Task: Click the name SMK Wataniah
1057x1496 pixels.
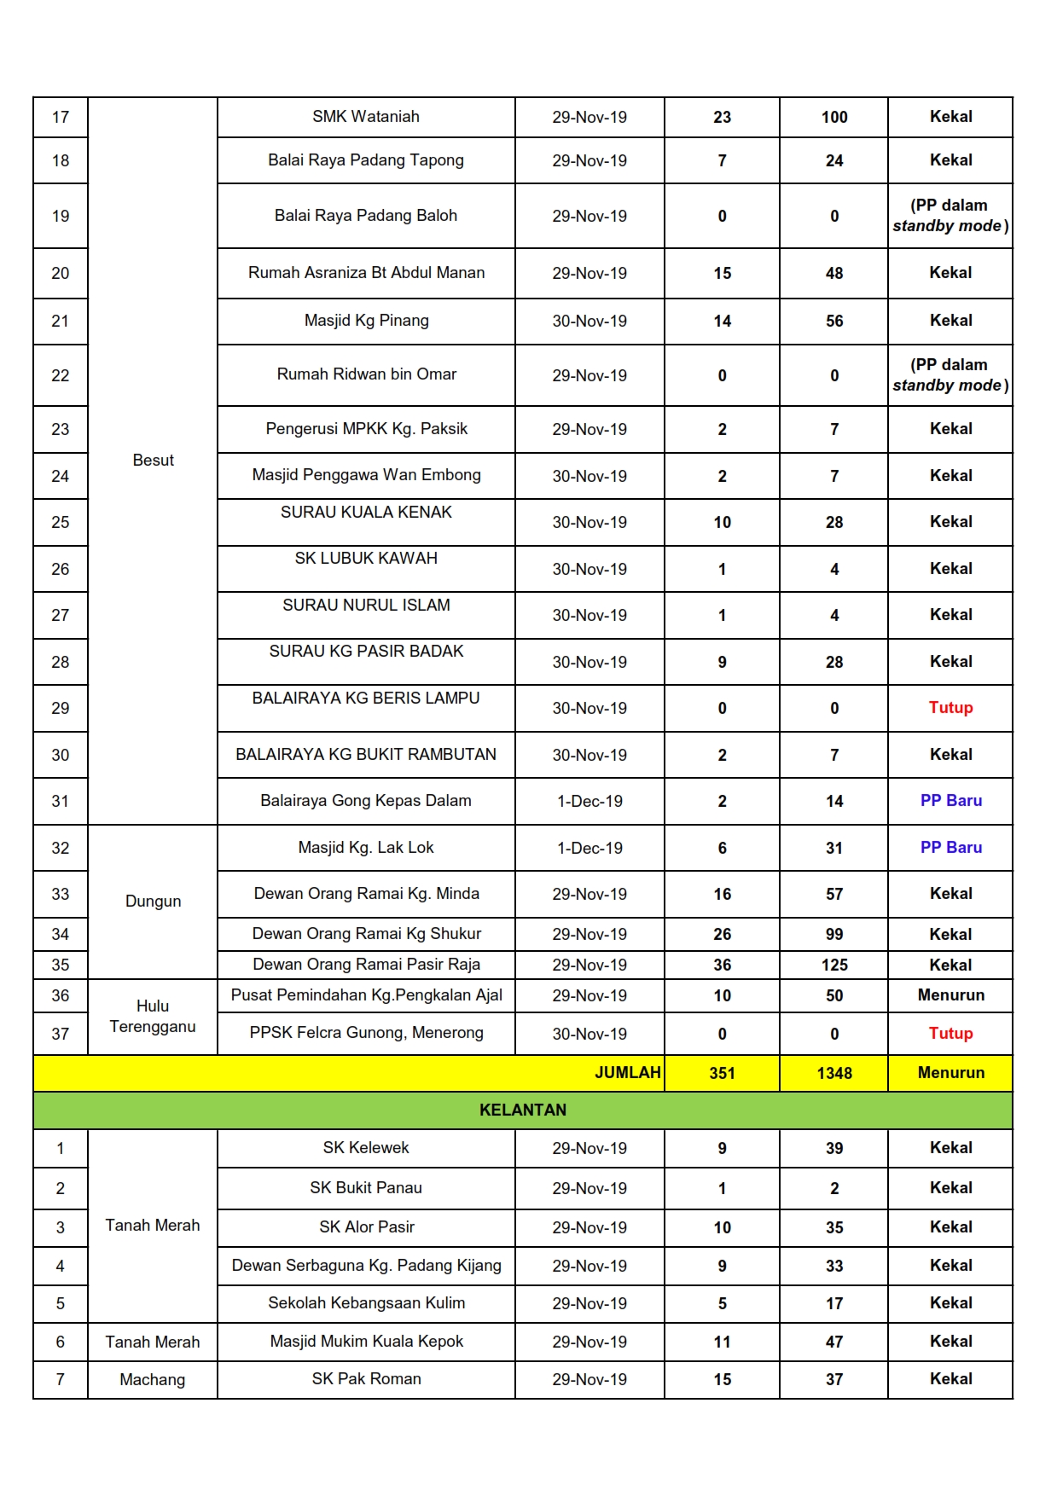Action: click(365, 117)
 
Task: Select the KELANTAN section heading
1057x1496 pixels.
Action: click(522, 1110)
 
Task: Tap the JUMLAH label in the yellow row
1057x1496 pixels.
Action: click(627, 1073)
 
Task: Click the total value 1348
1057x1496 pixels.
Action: click(833, 1073)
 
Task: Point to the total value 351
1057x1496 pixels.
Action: click(722, 1073)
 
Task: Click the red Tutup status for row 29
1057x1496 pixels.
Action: click(950, 708)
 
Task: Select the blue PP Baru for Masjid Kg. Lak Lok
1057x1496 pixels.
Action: click(950, 848)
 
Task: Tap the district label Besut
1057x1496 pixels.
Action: click(153, 461)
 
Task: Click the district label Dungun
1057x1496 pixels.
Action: click(153, 902)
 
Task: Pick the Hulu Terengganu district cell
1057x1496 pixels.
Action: click(153, 1017)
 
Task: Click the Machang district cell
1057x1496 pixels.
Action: click(153, 1379)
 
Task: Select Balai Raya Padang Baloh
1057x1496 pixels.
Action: click(365, 216)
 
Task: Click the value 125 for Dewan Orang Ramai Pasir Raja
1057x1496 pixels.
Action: click(833, 965)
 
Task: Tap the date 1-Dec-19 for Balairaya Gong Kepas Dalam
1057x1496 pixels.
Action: click(589, 802)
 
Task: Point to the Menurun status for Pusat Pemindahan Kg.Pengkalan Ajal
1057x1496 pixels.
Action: click(950, 995)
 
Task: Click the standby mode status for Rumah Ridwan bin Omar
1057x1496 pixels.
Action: click(950, 375)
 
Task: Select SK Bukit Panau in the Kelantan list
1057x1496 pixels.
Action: click(365, 1188)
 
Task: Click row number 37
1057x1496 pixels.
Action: click(60, 1034)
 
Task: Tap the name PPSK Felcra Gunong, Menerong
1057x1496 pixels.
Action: click(366, 1033)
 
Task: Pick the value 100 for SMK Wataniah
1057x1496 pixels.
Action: click(833, 117)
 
